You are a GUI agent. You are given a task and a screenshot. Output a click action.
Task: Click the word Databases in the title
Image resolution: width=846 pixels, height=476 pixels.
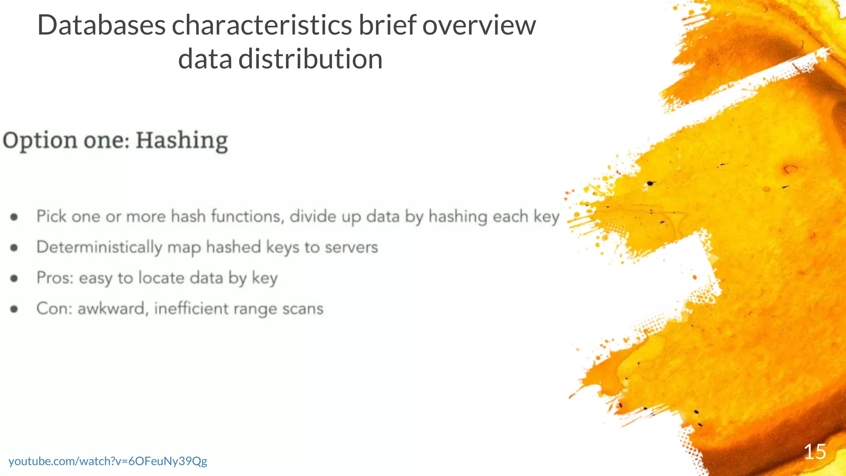101,26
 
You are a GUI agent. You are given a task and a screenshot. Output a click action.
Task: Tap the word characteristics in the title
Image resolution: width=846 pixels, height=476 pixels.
261,26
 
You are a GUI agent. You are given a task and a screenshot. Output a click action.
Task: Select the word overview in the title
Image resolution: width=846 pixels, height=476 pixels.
479,26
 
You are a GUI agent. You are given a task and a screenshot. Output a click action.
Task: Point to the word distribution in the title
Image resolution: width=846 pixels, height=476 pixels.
310,59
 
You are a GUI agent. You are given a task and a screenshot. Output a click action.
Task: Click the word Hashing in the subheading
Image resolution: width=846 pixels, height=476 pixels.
182,140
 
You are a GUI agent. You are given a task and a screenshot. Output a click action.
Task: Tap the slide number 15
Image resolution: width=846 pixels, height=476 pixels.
815,452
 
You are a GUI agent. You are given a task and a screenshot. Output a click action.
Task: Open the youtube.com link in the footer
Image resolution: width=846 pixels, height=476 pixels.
108,461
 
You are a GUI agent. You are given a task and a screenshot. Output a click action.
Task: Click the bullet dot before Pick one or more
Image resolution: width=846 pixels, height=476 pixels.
14,217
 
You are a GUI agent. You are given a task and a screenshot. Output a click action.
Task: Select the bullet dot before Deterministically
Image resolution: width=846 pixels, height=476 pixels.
14,248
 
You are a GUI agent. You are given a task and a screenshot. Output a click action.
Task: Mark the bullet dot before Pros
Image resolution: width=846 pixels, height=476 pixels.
14,278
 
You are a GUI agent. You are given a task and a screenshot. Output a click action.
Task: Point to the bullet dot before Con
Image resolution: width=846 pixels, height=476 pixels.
14,309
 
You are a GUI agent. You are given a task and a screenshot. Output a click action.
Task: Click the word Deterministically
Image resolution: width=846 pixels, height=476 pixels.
99,248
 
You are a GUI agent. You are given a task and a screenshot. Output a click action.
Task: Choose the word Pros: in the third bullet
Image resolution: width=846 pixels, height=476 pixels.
55,278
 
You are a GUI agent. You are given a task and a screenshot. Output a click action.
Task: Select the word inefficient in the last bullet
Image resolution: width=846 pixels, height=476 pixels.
191,309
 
